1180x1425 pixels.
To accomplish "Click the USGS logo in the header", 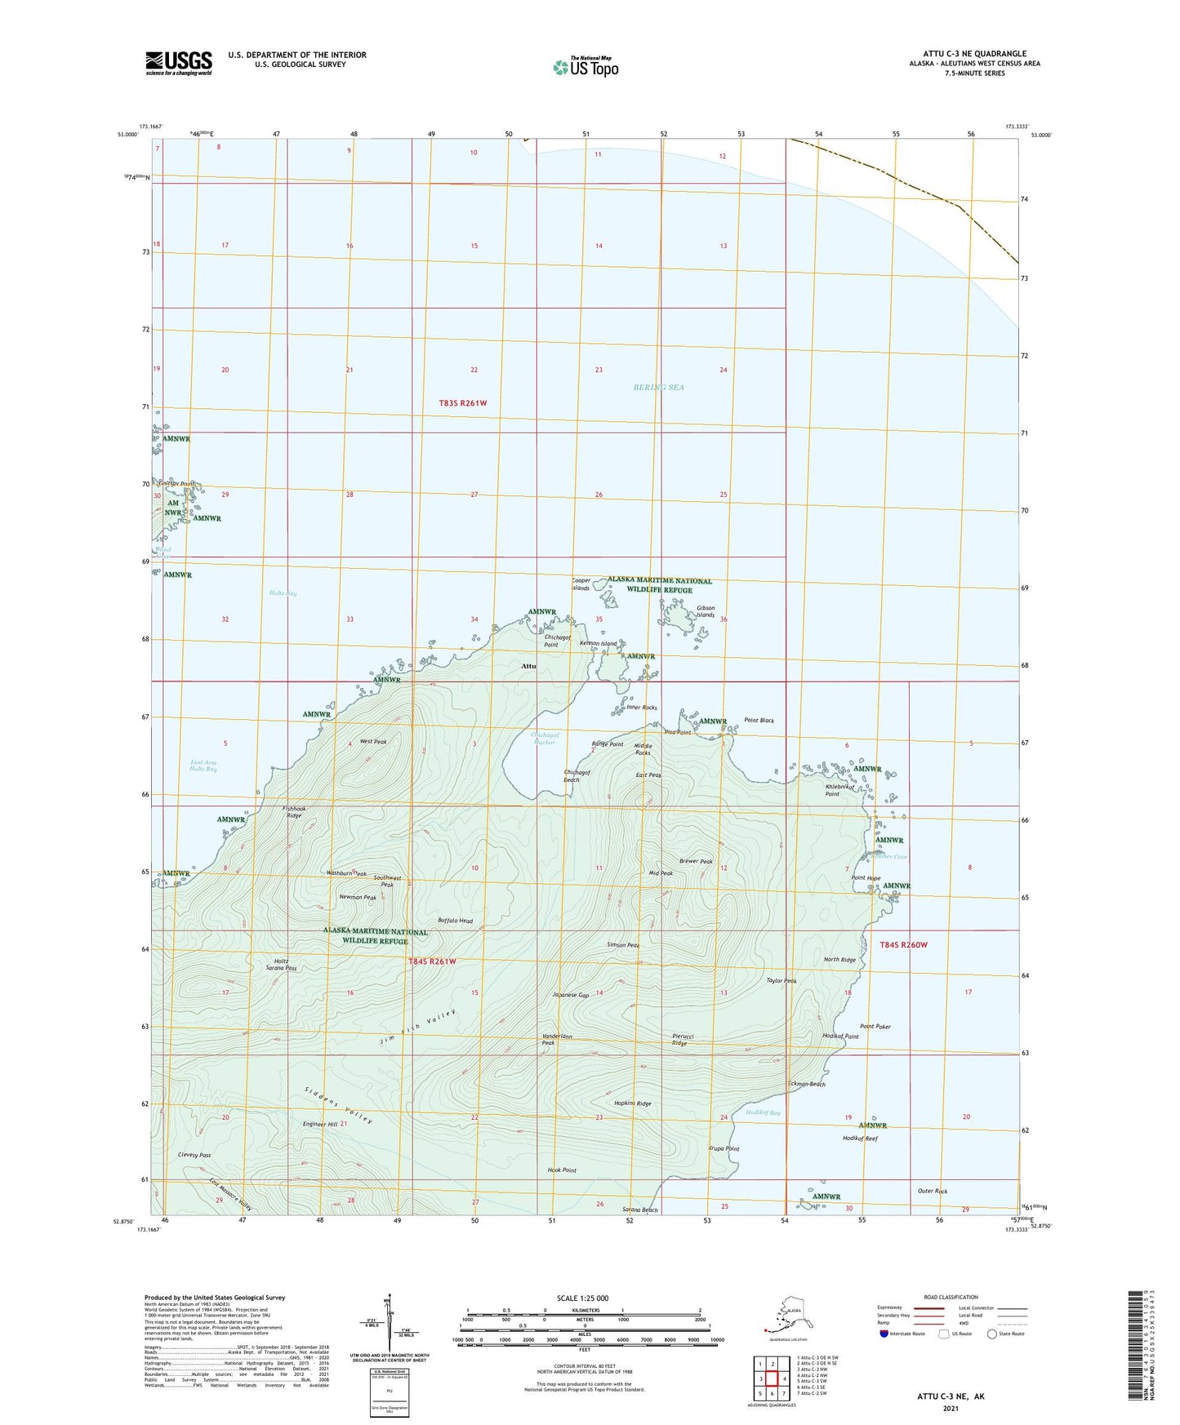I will (178, 62).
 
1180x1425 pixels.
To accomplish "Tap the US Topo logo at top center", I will (585, 66).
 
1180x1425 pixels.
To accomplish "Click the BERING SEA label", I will (658, 387).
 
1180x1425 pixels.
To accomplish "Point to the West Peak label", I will (373, 741).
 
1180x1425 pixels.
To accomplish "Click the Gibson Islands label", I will (706, 611).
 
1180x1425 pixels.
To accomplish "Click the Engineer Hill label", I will (320, 1124).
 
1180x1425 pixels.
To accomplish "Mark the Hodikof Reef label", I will (860, 1138).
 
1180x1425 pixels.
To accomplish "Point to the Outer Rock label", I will (933, 1191).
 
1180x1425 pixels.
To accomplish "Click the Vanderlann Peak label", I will (559, 1039).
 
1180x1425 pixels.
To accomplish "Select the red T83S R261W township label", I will (462, 402).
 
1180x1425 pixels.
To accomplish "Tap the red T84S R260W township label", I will (903, 944).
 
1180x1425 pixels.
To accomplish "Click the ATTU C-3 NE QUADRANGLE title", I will (968, 54).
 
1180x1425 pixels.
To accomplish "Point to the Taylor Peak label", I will (781, 980).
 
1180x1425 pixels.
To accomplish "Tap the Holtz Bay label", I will (283, 593).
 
